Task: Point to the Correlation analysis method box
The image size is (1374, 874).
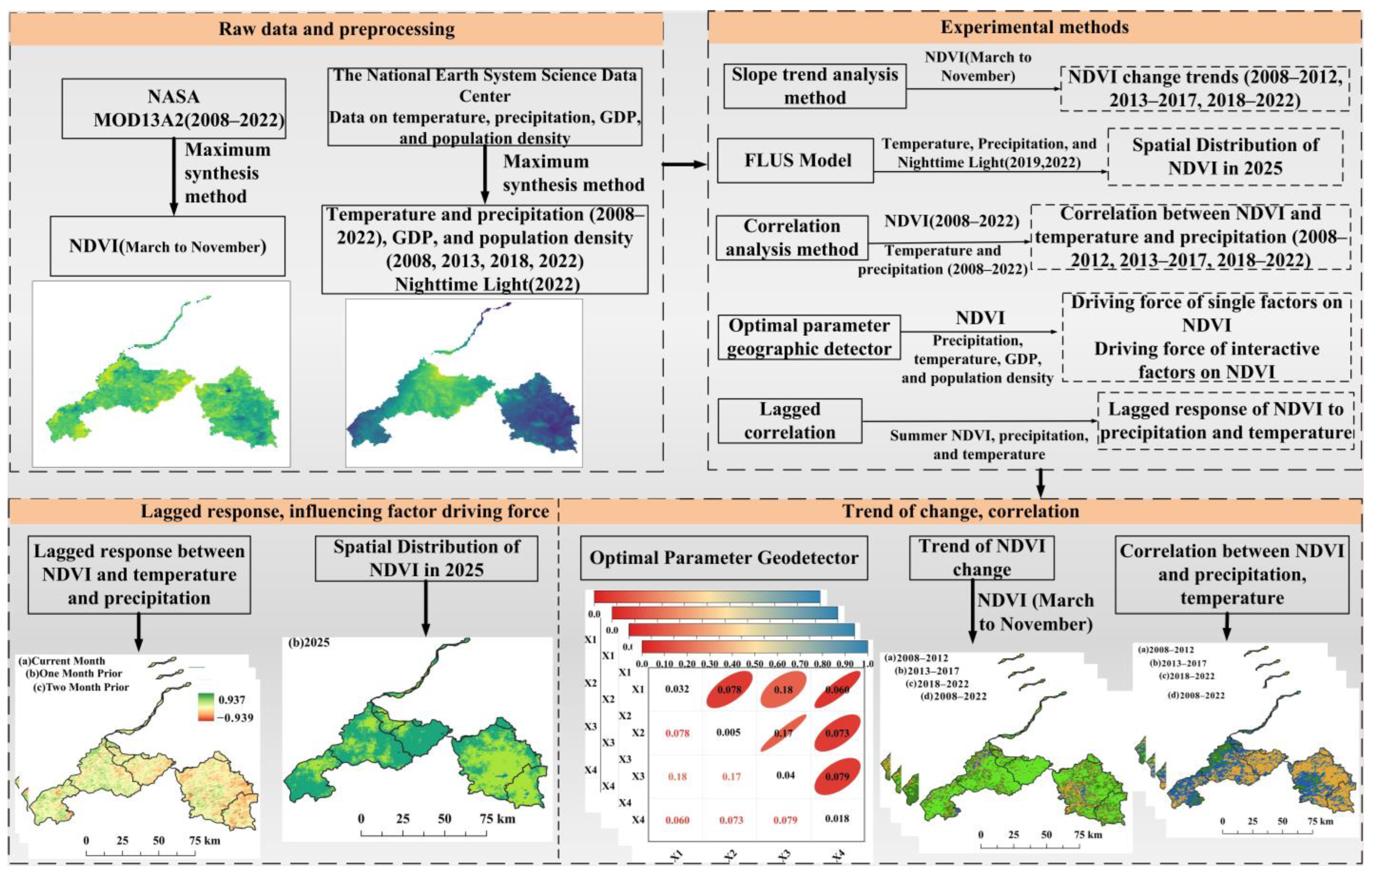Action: click(792, 237)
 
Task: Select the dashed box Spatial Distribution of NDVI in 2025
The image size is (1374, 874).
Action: click(1225, 156)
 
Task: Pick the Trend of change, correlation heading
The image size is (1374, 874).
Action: click(960, 511)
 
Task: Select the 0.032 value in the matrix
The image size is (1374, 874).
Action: click(677, 689)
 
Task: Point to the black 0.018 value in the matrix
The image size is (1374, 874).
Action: click(837, 819)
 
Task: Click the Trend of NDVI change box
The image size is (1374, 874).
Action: click(982, 557)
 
